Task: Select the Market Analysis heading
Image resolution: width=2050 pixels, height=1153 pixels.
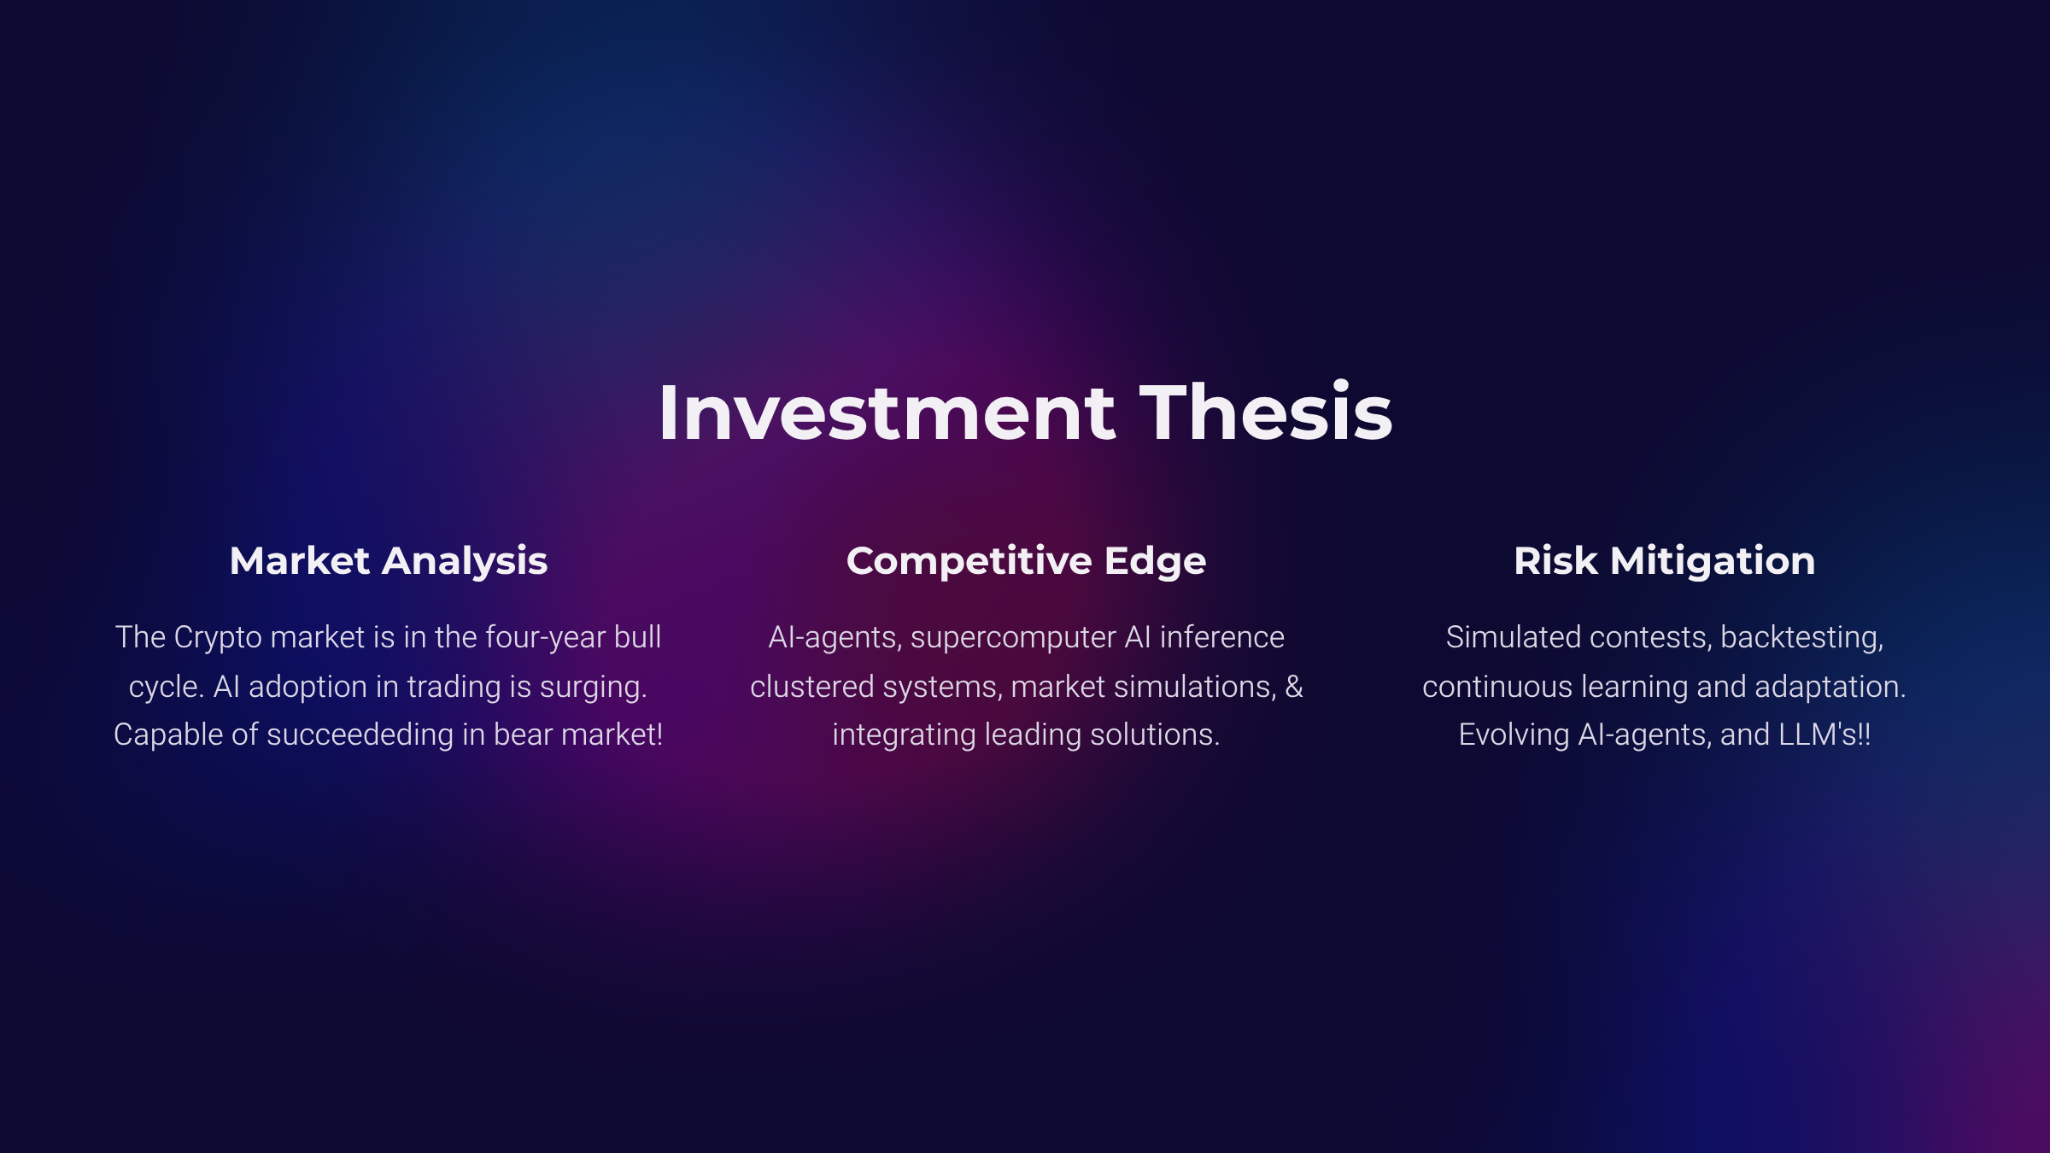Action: coord(389,562)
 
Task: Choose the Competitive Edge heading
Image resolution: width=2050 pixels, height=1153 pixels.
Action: coord(1026,562)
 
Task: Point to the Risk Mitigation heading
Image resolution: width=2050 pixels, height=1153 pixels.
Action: coord(1665,562)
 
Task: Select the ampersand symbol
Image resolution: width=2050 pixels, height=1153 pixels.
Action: coord(1294,687)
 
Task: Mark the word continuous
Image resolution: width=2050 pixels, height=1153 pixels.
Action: coord(1497,687)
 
